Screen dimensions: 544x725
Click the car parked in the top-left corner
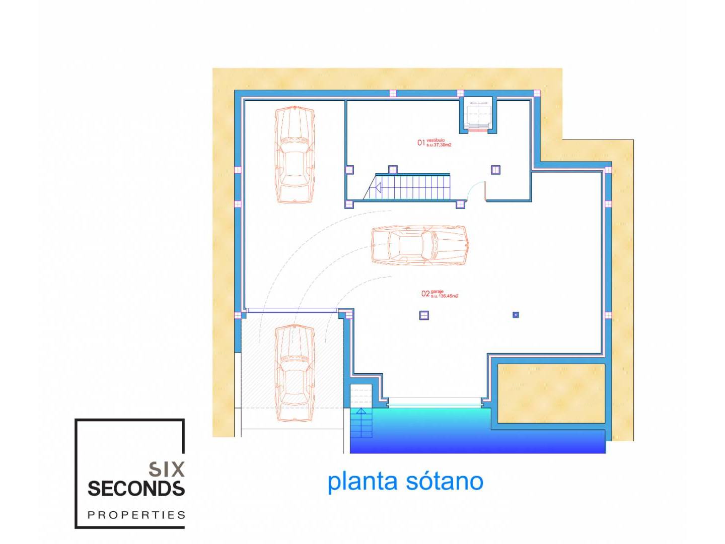pos(295,154)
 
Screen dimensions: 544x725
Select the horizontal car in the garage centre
pos(419,245)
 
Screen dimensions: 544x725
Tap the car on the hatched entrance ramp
pos(295,373)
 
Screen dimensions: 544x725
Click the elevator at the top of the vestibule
pos(478,114)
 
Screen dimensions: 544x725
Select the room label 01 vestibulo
pos(434,143)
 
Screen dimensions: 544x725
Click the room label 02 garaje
pos(440,294)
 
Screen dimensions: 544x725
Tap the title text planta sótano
pos(405,482)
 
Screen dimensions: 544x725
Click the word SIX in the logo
pos(167,469)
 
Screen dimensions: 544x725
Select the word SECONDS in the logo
pos(136,489)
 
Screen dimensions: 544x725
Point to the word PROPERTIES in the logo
pos(136,515)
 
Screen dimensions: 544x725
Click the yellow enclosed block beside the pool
pos(551,393)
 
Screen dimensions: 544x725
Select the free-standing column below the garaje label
pos(424,315)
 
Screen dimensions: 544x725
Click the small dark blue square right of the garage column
pos(516,315)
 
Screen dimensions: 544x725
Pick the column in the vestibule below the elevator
pos(495,170)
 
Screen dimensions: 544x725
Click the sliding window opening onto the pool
pos(435,402)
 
